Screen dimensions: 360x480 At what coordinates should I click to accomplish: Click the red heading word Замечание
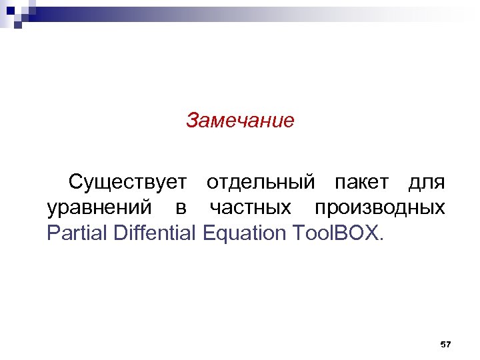tap(240, 121)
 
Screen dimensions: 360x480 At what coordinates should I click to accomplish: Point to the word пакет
tap(362, 181)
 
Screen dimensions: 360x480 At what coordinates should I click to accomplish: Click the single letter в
tap(181, 209)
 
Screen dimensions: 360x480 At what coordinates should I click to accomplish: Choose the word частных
tap(250, 209)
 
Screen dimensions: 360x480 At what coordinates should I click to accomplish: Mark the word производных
tap(379, 209)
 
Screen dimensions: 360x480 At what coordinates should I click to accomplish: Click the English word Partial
tap(75, 234)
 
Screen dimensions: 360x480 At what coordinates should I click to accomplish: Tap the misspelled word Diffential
tap(152, 234)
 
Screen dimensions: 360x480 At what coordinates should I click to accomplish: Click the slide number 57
tap(446, 344)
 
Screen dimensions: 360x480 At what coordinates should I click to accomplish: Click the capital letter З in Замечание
tap(192, 121)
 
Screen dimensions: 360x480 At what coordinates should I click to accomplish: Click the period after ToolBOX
tap(381, 241)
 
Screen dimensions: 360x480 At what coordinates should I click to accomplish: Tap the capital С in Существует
tap(76, 181)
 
